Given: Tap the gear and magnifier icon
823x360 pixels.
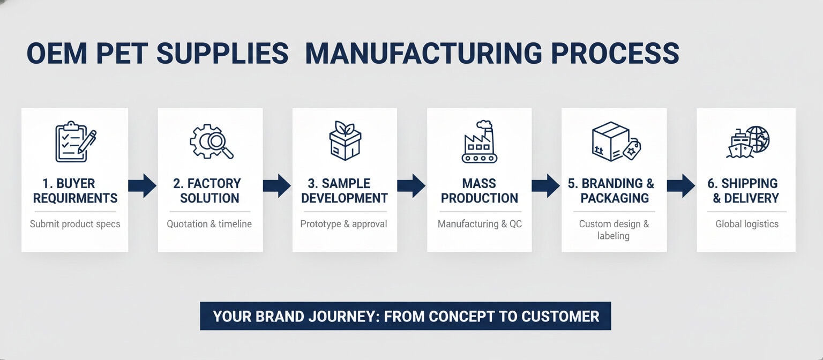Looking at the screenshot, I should pos(211,141).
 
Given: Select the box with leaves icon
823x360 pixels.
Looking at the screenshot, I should pos(345,140).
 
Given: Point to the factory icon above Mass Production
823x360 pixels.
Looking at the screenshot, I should pos(480,142).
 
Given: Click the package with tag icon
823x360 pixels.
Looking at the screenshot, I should pos(616,141).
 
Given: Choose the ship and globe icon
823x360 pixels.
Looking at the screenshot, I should pos(747,142).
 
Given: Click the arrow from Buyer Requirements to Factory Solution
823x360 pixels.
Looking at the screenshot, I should pos(142,185).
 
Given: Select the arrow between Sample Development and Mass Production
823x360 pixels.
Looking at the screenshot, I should pos(411,185).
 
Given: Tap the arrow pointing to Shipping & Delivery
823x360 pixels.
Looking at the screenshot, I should pos(680,185).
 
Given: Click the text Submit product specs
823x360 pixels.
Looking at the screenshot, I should pos(75,224).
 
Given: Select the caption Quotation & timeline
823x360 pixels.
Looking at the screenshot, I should pos(209,224).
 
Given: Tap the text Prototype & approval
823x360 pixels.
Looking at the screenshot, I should pos(343,224).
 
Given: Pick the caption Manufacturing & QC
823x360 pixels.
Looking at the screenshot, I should pos(480,224).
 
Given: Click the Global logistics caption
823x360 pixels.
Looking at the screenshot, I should pos(747,224).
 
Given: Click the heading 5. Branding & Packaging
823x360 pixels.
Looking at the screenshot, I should pos(614,191).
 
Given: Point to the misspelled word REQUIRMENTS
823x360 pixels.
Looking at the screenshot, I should pos(75,198).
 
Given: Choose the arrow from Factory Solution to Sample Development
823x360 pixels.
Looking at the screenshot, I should pos(276,185).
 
